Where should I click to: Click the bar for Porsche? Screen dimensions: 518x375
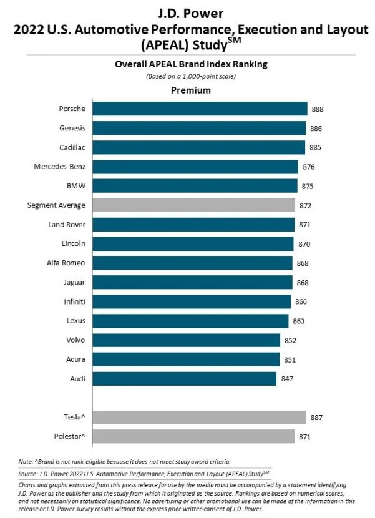tap(200, 109)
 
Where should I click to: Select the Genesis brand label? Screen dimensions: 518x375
tap(72, 128)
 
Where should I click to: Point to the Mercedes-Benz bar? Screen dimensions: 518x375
tap(195, 167)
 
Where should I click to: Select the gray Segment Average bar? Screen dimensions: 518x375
tap(193, 205)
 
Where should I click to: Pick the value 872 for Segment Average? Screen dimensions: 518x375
tap(305, 205)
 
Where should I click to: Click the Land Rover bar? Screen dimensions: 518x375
tap(193, 225)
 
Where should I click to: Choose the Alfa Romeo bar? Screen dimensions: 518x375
tap(192, 263)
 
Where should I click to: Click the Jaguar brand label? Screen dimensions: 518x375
tap(74, 282)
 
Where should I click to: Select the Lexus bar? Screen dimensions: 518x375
tap(190, 321)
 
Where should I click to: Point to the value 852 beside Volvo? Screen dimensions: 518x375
tap(291, 340)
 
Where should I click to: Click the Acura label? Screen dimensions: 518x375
tap(75, 359)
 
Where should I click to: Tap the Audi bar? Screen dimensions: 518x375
tap(184, 379)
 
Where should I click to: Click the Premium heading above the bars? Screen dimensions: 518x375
tap(190, 90)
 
